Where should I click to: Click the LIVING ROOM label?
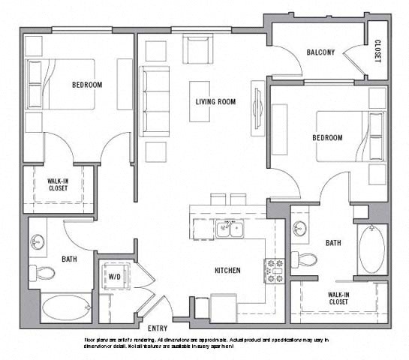tap(216, 101)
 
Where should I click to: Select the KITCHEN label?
tap(227, 270)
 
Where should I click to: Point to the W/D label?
tap(115, 277)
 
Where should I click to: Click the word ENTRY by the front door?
tap(158, 328)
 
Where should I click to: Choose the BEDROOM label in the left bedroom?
tap(87, 85)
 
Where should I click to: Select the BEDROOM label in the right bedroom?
tap(326, 138)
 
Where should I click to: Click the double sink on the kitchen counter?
tap(230, 229)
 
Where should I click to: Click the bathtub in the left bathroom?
tap(65, 308)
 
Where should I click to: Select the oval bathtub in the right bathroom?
tap(371, 250)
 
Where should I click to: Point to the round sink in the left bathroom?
tap(38, 242)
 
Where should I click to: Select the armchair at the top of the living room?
tap(199, 51)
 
